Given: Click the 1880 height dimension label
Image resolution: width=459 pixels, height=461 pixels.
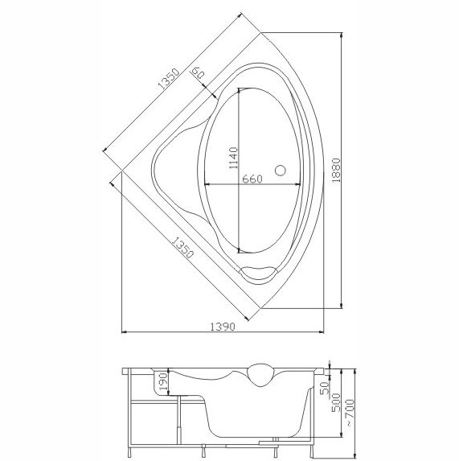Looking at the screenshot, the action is [x=336, y=171].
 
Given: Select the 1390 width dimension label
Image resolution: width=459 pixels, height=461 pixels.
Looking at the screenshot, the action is [x=223, y=327].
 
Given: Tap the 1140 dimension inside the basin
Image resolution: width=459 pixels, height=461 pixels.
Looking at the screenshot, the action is [x=233, y=158].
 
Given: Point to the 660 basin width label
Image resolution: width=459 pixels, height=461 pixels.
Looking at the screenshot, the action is [x=252, y=179].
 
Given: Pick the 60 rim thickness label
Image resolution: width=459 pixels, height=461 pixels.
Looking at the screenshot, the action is [x=198, y=72].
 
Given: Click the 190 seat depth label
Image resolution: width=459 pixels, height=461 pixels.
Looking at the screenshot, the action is [x=164, y=381].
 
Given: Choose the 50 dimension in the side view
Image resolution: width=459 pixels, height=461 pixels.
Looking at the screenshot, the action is [x=325, y=389].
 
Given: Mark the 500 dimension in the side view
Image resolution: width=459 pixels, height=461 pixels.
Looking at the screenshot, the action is [x=336, y=402].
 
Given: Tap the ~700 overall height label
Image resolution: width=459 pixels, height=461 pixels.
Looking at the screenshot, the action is [x=350, y=412].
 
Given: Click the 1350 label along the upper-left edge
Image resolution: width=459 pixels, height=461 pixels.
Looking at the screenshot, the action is [x=168, y=79].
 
